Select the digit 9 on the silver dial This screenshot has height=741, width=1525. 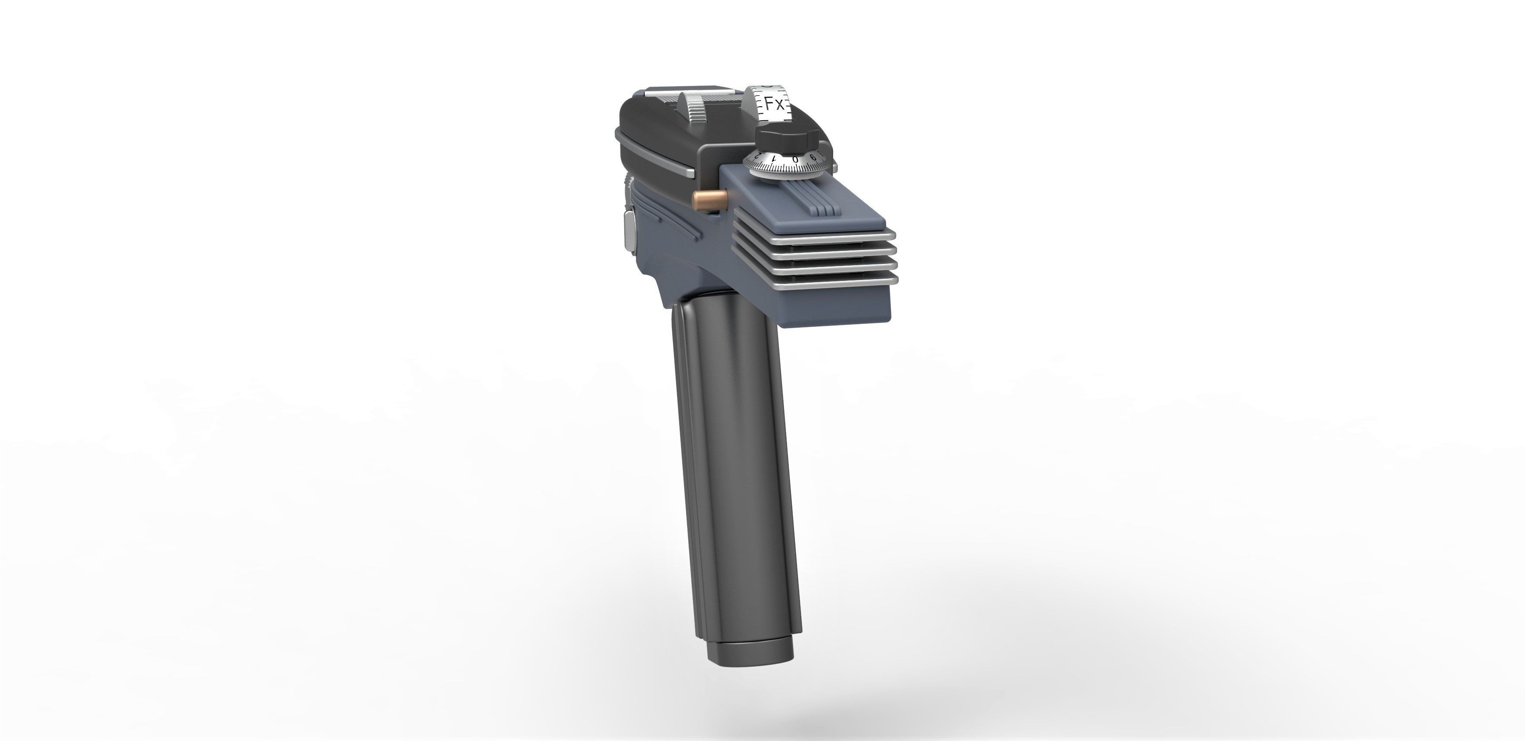tap(813, 157)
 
